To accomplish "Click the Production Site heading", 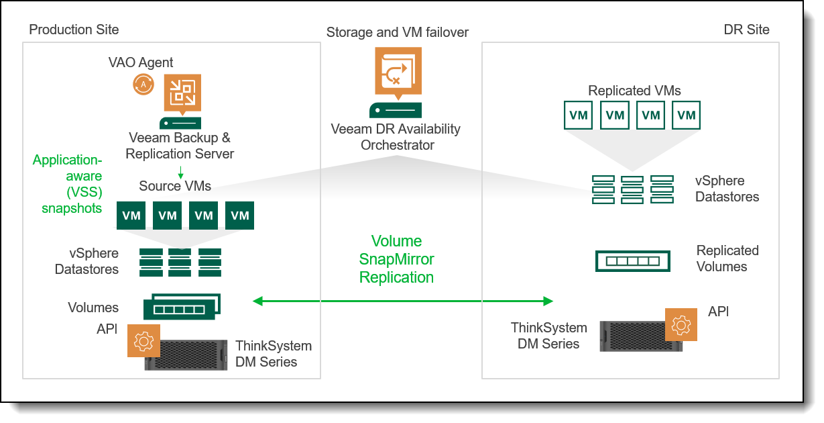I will click(74, 30).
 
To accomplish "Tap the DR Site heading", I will click(746, 30).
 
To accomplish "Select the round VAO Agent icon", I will click(143, 85).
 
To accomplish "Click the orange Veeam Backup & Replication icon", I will click(182, 93).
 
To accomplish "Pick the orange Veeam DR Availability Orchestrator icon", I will click(396, 70).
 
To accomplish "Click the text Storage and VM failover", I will click(397, 32).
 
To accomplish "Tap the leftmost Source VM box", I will click(131, 216).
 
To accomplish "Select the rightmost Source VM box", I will click(239, 216).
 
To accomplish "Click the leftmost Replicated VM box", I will click(579, 115).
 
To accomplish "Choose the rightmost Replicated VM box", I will click(686, 115).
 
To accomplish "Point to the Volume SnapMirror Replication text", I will click(396, 259).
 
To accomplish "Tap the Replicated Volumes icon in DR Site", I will click(632, 261).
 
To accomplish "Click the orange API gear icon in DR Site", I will click(681, 325).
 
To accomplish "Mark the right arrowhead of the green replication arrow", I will click(548, 301).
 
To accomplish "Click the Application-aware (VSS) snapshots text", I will click(67, 184).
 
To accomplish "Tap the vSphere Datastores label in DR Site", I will click(727, 189).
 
